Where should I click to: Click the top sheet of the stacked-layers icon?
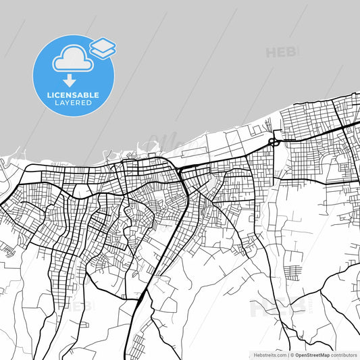[103, 45]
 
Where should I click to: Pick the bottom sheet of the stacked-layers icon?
[103, 52]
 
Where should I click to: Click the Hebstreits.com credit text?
[268, 354]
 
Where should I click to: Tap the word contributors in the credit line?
[344, 354]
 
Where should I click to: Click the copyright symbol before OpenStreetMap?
[292, 354]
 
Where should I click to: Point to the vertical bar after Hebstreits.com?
[288, 354]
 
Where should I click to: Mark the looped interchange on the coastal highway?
[274, 142]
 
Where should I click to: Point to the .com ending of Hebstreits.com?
[280, 354]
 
